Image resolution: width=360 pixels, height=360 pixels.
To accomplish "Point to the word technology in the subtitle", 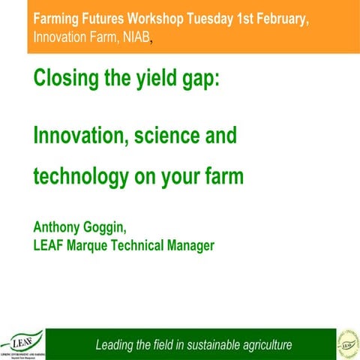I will click(80, 178).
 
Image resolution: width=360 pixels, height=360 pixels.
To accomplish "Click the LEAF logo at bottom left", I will click(22, 343).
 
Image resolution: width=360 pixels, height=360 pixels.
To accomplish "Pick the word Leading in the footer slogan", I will click(117, 345).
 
